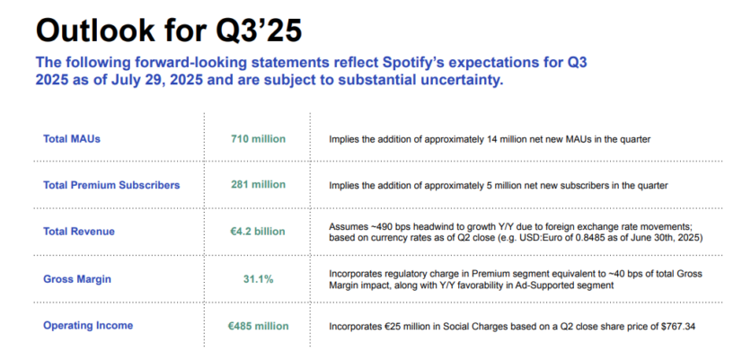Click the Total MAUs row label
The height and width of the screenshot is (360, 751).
click(x=72, y=139)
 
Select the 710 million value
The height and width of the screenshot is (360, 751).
click(x=258, y=139)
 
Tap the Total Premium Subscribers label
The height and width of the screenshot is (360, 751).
click(x=111, y=185)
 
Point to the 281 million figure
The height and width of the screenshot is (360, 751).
click(x=258, y=185)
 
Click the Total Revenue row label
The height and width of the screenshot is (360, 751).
click(x=79, y=232)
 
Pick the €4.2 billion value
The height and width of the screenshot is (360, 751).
click(x=258, y=232)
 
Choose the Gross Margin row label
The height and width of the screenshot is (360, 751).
click(x=77, y=278)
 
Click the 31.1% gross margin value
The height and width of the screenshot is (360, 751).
click(x=258, y=278)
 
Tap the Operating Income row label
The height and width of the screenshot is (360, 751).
click(x=88, y=326)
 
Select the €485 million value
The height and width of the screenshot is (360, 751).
click(x=258, y=326)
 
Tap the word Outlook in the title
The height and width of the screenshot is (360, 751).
click(x=95, y=31)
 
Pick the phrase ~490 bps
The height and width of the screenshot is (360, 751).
click(x=379, y=227)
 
